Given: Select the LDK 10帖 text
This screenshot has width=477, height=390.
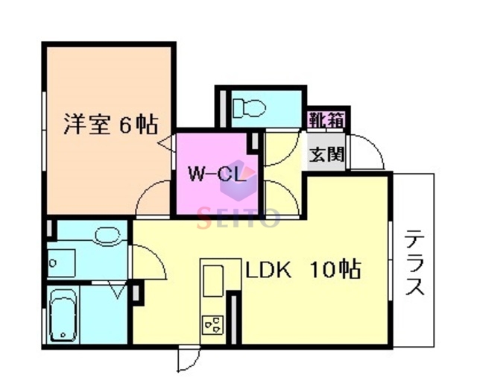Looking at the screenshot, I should tap(303, 269).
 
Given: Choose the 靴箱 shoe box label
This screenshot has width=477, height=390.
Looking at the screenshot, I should tap(326, 117).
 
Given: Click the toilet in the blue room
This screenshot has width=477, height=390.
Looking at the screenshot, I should tap(248, 107).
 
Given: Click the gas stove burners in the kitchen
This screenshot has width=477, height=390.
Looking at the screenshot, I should tap(212, 324).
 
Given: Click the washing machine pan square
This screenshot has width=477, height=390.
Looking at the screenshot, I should tap(62, 262).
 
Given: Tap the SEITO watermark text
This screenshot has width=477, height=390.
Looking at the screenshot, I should tap(237, 218).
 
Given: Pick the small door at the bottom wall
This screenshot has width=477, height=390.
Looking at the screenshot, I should tap(186, 359).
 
